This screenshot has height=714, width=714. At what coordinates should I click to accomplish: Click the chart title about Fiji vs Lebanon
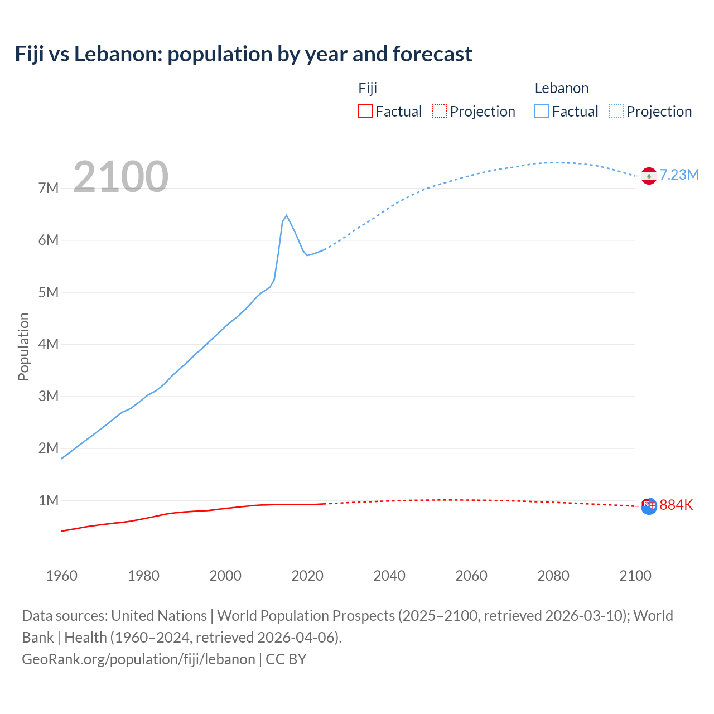[x=243, y=54]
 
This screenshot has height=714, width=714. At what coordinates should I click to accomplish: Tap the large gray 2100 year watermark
[x=120, y=176]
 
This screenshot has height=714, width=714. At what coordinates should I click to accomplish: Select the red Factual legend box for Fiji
[x=365, y=112]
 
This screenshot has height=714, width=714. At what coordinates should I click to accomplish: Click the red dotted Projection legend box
[x=440, y=112]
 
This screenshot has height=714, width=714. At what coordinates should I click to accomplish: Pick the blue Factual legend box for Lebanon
[x=541, y=112]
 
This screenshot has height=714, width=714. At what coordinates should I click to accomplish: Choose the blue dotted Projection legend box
[x=616, y=112]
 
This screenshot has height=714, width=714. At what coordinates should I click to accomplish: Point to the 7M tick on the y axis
[x=49, y=188]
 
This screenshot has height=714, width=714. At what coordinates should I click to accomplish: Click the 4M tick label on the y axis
[x=49, y=344]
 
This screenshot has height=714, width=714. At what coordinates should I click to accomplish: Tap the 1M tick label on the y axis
[x=49, y=500]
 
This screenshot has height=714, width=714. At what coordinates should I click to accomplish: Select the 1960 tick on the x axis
[x=61, y=576]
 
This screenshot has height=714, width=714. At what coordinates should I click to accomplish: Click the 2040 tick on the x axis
[x=389, y=576]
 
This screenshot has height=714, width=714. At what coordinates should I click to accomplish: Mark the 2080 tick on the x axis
[x=553, y=576]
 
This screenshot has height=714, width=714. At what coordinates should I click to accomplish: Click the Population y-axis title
[x=23, y=346]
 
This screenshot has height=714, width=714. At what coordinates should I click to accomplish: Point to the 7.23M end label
[x=679, y=175]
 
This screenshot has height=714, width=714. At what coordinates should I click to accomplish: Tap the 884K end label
[x=676, y=505]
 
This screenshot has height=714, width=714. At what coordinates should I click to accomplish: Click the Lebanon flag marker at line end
[x=649, y=176]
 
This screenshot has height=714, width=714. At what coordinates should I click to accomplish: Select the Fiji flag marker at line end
[x=649, y=506]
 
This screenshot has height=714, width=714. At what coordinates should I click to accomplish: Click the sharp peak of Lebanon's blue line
[x=286, y=215]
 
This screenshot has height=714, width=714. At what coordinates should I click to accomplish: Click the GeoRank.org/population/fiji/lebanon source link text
[x=138, y=659]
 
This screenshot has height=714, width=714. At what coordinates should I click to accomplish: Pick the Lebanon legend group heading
[x=561, y=88]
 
